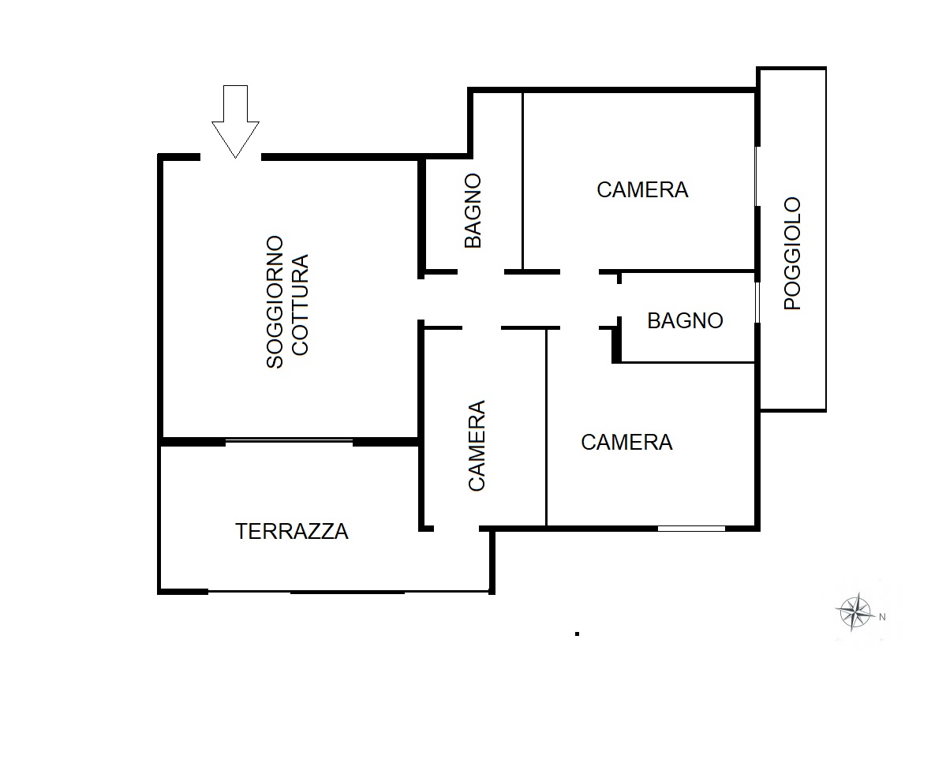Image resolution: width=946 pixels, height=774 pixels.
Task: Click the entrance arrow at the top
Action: coord(235,122)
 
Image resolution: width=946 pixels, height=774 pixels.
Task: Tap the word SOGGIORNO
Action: coord(275,301)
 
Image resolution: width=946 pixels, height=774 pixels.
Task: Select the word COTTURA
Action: coord(300,305)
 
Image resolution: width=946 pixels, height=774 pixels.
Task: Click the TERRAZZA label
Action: coord(291,532)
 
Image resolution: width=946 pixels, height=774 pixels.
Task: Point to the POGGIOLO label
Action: coord(792,253)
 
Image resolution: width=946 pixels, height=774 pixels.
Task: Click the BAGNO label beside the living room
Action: coord(473,211)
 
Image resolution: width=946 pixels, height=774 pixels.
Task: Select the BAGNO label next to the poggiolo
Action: coord(685,321)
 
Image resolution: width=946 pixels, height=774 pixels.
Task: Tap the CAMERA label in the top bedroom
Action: coord(642,190)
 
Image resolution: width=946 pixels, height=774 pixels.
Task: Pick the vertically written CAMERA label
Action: coord(477,445)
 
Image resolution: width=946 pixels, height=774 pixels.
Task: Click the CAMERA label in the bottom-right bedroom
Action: coord(626,442)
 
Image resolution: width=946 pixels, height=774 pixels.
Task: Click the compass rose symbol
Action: coord(855,612)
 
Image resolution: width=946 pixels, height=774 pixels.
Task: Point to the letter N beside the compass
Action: coord(882,617)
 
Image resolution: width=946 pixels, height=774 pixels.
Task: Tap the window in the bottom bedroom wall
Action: coord(691,529)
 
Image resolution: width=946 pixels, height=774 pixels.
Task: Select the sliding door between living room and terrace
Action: coord(289,442)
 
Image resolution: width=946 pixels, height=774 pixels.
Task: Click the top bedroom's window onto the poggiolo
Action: coord(757,176)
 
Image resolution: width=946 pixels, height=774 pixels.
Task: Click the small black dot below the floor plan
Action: coord(578,634)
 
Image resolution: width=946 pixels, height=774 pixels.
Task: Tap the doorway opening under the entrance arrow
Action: coord(230,158)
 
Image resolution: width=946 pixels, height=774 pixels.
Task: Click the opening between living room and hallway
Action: coord(421,299)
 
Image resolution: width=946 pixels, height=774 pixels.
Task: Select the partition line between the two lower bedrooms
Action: coord(547,428)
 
